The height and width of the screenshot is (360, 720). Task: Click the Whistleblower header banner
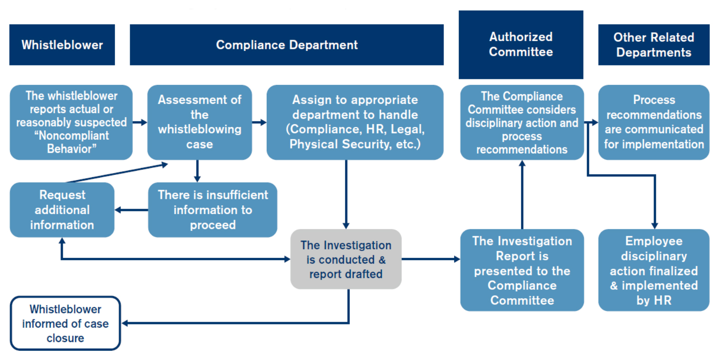tap(62, 45)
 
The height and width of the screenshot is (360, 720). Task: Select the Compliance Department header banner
tap(287, 45)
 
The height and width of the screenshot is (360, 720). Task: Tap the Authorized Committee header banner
tap(521, 44)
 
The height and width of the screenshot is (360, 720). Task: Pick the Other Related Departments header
tap(654, 45)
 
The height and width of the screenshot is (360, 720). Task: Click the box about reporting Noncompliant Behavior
tap(71, 122)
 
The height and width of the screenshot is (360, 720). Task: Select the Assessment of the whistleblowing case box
tap(199, 122)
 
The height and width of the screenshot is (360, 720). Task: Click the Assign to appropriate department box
tap(355, 122)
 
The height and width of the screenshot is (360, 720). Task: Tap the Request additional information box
tap(62, 210)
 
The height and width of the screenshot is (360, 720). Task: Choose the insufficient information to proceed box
tap(212, 210)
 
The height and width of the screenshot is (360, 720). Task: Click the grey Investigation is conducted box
tap(346, 259)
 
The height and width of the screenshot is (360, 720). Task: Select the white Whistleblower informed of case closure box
tap(65, 323)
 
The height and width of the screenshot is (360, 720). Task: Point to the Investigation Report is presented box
tap(522, 270)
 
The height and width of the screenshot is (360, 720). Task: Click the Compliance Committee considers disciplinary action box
tap(522, 122)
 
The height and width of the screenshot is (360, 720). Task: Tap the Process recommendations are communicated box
tap(654, 122)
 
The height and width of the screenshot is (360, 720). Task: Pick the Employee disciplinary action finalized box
tap(654, 270)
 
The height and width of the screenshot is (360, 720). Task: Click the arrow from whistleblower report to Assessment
tap(140, 122)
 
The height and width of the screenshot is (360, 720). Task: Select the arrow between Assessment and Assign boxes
tap(259, 122)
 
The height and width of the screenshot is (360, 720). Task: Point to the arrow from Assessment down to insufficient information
tap(197, 171)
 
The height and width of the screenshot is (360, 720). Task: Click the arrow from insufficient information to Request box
tap(131, 210)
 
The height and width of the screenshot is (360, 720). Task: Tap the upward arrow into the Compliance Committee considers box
tap(522, 194)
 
